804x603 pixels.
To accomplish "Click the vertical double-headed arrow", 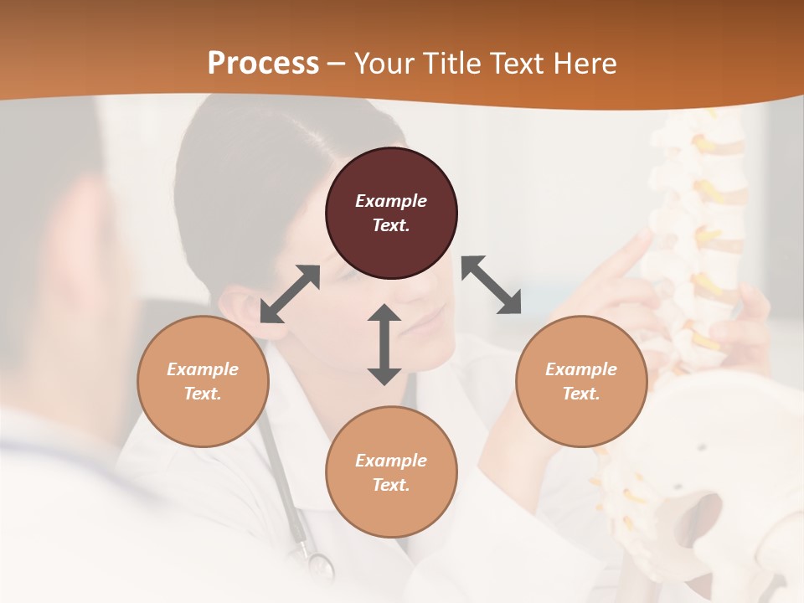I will pyautogui.click(x=384, y=344).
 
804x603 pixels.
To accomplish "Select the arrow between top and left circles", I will pyautogui.click(x=290, y=294).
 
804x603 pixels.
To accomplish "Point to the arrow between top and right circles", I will pyautogui.click(x=492, y=285).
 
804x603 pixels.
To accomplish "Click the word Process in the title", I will pyautogui.click(x=263, y=63).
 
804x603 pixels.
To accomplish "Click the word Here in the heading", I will pyautogui.click(x=585, y=63).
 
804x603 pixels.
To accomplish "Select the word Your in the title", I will pyautogui.click(x=382, y=63).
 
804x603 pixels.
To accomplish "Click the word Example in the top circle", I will pyautogui.click(x=391, y=201).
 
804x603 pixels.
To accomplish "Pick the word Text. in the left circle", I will pyautogui.click(x=203, y=394).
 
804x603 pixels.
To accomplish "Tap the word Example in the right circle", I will pyautogui.click(x=581, y=369).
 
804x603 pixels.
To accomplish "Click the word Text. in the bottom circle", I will pyautogui.click(x=391, y=485).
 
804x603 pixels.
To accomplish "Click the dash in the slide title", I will pyautogui.click(x=337, y=64).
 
